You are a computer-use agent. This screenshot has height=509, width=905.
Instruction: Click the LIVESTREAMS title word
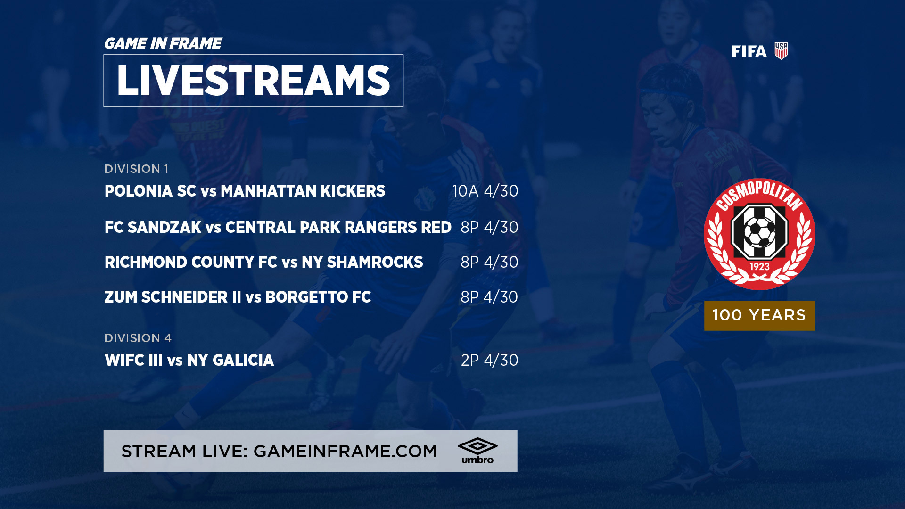(x=253, y=81)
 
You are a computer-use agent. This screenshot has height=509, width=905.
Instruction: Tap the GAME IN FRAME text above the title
(x=163, y=43)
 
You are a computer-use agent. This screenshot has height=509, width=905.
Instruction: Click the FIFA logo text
(x=749, y=51)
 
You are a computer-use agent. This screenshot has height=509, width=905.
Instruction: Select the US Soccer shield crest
(x=781, y=51)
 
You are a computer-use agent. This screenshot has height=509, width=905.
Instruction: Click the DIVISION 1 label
(x=136, y=169)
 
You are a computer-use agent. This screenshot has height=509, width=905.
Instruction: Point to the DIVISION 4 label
(x=138, y=338)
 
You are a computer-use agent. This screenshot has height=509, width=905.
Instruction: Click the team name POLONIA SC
(x=150, y=191)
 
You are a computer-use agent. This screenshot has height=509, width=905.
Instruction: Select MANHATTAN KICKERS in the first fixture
(x=303, y=191)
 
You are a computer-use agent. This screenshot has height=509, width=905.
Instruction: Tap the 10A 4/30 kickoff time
(x=485, y=191)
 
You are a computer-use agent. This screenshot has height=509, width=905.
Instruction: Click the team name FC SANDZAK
(x=153, y=227)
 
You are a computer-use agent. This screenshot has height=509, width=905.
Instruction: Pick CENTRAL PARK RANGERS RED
(x=338, y=227)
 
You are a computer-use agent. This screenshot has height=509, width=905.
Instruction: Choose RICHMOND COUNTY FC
(x=191, y=262)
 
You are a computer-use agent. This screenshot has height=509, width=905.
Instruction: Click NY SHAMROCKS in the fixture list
(x=362, y=262)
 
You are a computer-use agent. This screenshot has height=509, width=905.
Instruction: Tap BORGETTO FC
(x=318, y=297)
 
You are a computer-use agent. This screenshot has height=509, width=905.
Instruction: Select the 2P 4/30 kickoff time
(x=489, y=360)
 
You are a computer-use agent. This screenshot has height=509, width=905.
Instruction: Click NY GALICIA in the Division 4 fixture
(x=230, y=360)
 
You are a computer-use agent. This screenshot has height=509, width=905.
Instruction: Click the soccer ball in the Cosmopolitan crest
(x=759, y=232)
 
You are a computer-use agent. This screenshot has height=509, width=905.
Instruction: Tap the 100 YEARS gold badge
(x=759, y=315)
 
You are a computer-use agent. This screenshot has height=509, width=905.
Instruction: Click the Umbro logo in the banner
(x=477, y=451)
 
